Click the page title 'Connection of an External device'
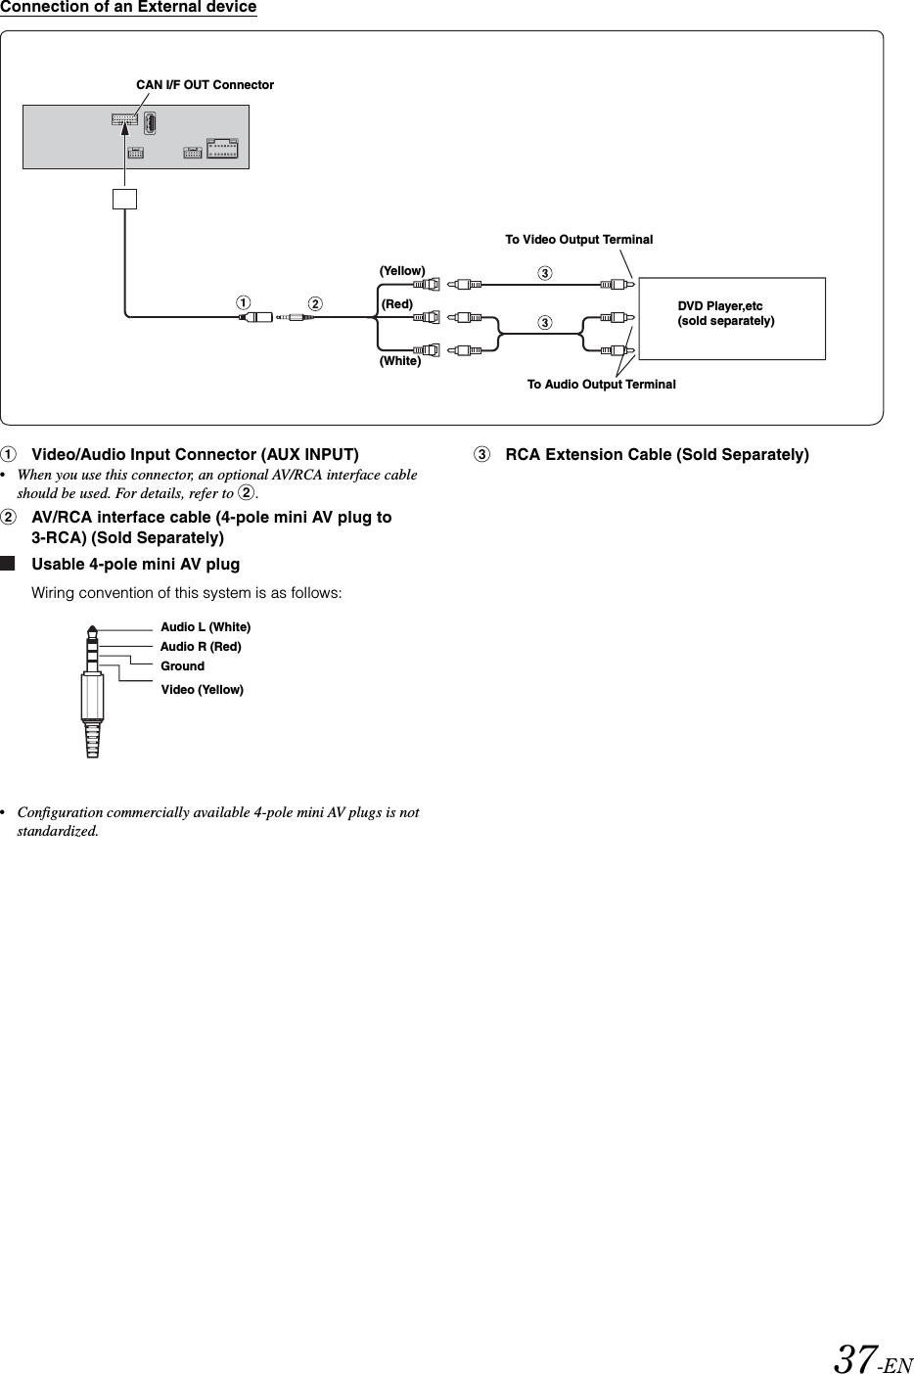click(x=128, y=8)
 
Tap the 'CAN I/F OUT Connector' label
click(x=205, y=85)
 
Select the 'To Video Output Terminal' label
click(x=578, y=240)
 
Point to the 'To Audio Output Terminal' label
click(x=601, y=385)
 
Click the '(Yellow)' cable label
click(x=401, y=270)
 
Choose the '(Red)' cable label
click(x=396, y=304)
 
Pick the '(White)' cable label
click(x=399, y=361)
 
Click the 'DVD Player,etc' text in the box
click(x=719, y=307)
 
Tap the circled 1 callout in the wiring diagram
click(x=240, y=303)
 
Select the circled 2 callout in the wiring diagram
click(x=314, y=303)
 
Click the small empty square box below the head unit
click(x=124, y=199)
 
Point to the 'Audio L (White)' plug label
click(x=206, y=626)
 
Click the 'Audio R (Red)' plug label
click(x=201, y=647)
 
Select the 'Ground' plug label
click(x=182, y=666)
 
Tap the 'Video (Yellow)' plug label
click(x=202, y=690)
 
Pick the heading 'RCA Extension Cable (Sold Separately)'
click(x=657, y=455)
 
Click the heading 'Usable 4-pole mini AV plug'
click(x=135, y=565)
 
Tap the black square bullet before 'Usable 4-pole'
click(x=9, y=565)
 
